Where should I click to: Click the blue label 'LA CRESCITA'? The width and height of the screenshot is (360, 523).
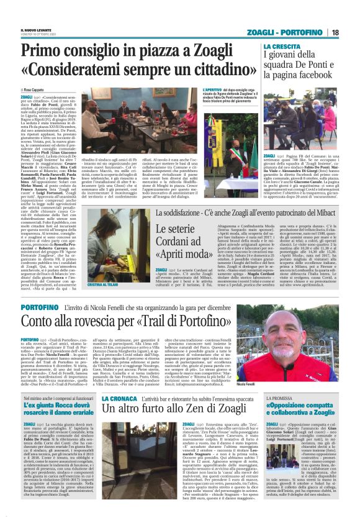tap(280, 47)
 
